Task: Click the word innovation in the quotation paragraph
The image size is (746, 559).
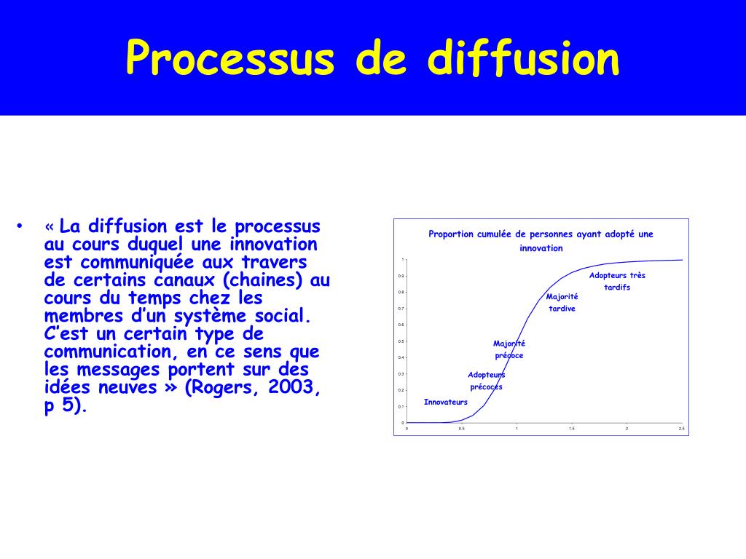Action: [273, 244]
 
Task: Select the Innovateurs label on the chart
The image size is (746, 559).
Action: [446, 402]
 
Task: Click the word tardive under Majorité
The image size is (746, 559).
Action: [562, 309]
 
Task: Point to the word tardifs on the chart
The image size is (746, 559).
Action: [617, 288]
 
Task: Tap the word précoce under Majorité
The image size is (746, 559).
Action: [509, 356]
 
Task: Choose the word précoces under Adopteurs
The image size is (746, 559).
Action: [486, 387]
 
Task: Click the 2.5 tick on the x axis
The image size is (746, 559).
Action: [681, 429]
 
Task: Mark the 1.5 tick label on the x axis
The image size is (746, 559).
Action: [571, 429]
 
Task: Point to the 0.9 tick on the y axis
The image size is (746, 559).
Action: [401, 276]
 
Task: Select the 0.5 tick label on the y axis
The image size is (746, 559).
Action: [401, 341]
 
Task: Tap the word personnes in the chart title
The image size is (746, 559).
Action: [551, 234]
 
